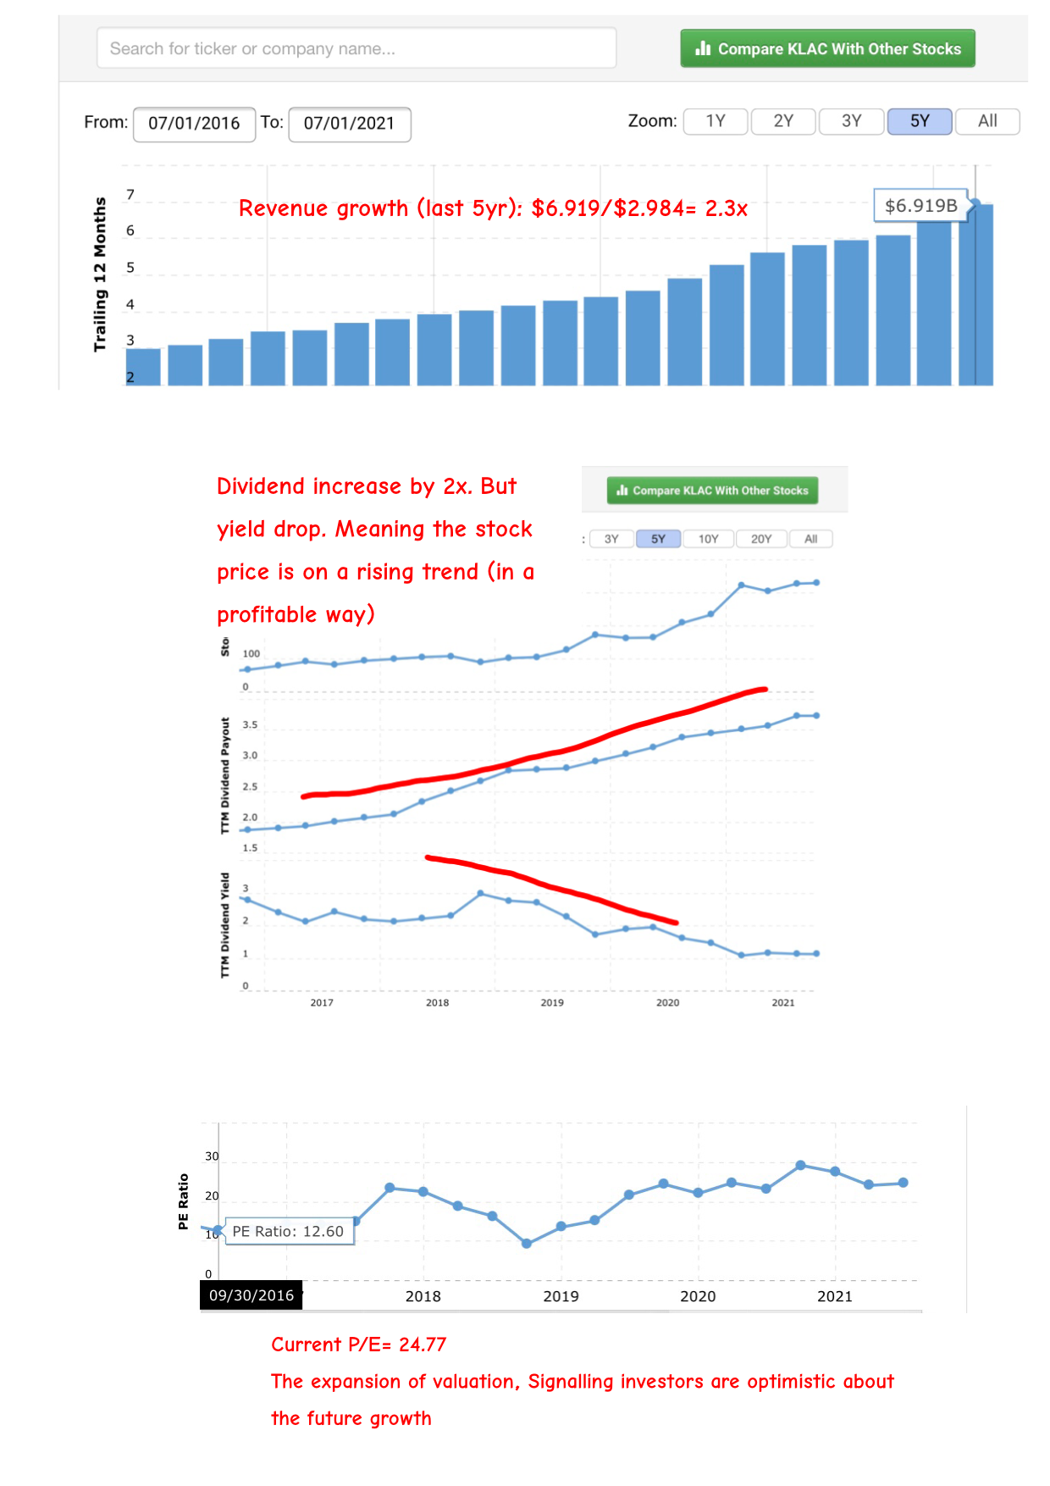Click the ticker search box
356,48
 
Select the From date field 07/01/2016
194,124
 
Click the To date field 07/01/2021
349,124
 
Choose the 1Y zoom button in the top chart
716,121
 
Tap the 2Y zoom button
783,121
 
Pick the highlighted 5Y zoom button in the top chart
920,121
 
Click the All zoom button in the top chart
987,121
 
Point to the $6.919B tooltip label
920,206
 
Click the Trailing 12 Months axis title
100,274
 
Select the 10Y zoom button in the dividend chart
708,539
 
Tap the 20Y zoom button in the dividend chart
761,539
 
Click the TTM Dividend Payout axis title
225,775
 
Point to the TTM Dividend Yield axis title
225,924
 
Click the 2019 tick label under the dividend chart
552,1002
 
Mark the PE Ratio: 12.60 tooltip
288,1231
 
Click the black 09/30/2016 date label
251,1295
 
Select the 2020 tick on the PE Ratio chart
698,1296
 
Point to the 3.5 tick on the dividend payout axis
250,725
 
